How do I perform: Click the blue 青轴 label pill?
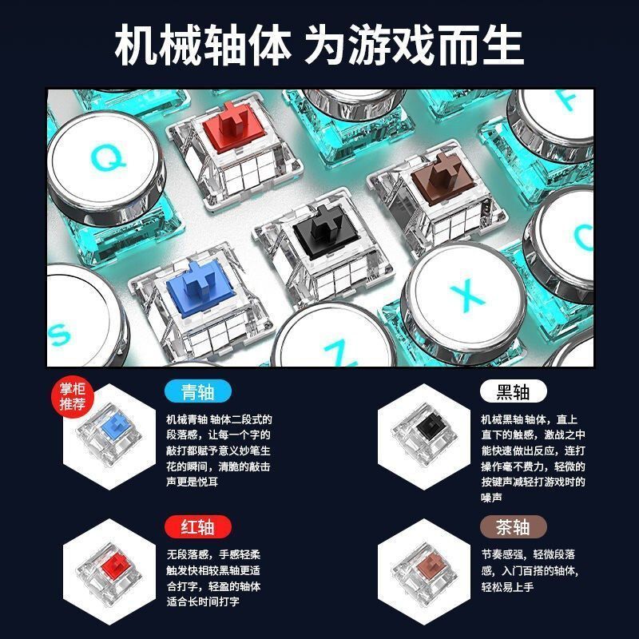pyautogui.click(x=198, y=391)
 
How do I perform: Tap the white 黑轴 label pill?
pyautogui.click(x=513, y=391)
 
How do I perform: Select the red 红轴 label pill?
pyautogui.click(x=198, y=526)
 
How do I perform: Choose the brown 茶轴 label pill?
pyautogui.click(x=513, y=526)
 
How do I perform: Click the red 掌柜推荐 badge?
pyautogui.click(x=73, y=397)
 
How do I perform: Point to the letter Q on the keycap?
pyautogui.click(x=108, y=157)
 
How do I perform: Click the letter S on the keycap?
pyautogui.click(x=59, y=335)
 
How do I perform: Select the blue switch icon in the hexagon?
pyautogui.click(x=109, y=435)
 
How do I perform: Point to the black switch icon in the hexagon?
pyautogui.click(x=424, y=435)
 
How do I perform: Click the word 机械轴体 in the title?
pyautogui.click(x=203, y=45)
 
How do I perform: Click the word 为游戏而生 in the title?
pyautogui.click(x=415, y=45)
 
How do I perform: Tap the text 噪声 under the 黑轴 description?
pyautogui.click(x=491, y=498)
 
